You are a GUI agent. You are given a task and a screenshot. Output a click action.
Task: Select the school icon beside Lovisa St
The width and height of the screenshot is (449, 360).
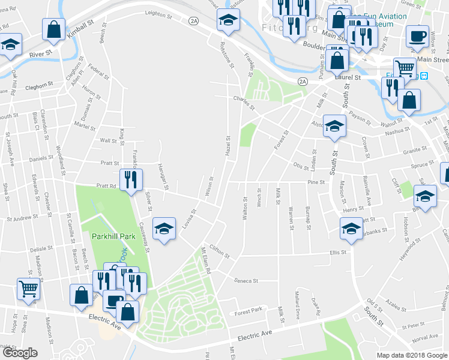[x=163, y=229]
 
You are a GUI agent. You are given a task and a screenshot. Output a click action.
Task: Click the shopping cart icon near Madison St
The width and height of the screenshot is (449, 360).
[x=28, y=289]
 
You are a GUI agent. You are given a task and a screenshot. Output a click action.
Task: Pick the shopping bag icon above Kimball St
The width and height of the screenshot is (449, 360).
[x=54, y=28]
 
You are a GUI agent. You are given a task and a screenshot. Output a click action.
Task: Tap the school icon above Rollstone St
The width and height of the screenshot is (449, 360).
[x=228, y=21]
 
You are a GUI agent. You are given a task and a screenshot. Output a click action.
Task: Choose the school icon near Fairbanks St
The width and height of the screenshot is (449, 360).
[x=351, y=228]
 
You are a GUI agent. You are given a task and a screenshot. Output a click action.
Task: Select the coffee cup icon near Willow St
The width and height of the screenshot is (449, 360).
[x=417, y=35]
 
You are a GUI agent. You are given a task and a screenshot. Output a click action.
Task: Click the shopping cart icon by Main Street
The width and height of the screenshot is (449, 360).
[x=405, y=68]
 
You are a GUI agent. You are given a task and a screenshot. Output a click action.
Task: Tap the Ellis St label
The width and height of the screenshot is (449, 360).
[x=339, y=253]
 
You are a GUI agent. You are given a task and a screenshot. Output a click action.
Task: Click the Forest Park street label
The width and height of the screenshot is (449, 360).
[x=249, y=311]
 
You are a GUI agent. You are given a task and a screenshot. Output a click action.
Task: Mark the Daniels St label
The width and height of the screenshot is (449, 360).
[x=41, y=158]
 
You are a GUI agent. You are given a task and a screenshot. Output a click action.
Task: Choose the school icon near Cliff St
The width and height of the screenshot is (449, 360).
[x=425, y=196]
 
